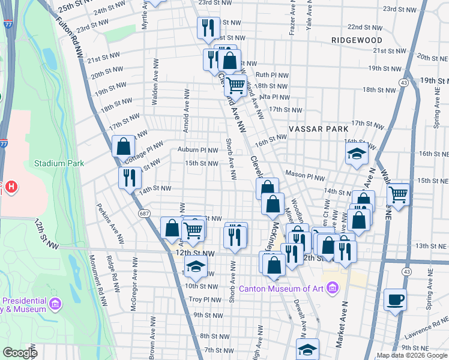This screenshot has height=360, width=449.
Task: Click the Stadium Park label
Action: [x=59, y=163]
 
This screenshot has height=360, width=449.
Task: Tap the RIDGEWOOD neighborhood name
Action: [x=357, y=40]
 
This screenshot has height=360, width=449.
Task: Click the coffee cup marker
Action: [x=394, y=299]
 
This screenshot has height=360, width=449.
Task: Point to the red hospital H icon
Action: [x=10, y=188]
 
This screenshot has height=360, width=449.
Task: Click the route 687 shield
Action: [x=143, y=213]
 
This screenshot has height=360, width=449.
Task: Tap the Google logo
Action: [x=20, y=353]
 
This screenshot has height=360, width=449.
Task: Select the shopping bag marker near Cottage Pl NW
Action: [x=123, y=146]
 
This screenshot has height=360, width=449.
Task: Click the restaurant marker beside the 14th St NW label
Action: [x=130, y=177]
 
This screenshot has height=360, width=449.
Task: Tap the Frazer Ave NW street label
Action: [x=291, y=18]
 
